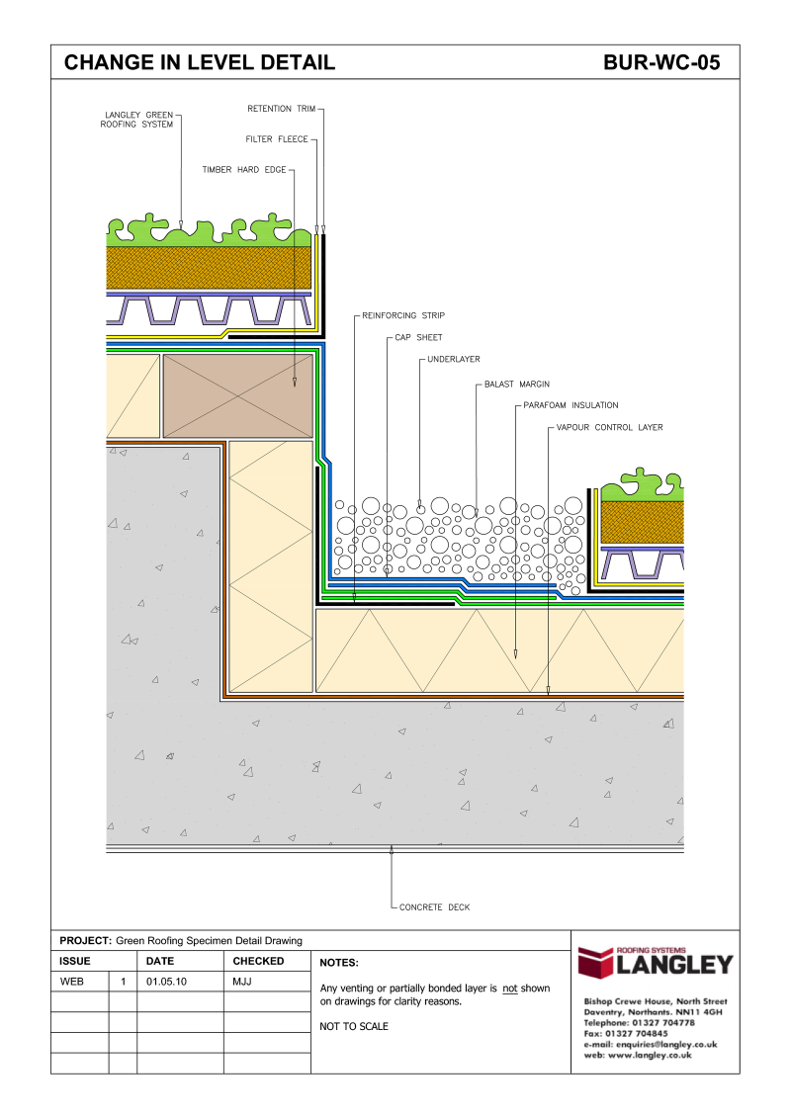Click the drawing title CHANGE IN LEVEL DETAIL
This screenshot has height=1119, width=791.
point(200,63)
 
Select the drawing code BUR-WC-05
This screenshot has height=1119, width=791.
point(660,63)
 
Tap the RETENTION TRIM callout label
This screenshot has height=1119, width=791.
point(281,109)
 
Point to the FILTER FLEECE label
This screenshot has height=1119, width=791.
point(277,139)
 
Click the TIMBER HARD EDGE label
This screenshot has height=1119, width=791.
point(244,170)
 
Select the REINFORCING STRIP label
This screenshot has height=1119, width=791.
point(403,315)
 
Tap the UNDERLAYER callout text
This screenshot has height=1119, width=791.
point(454,360)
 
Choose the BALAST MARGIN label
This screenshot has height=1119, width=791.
point(516,383)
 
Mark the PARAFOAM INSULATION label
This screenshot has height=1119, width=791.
point(571,405)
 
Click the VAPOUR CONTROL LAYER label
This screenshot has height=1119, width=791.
point(608,428)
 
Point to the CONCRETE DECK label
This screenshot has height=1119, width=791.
point(434,906)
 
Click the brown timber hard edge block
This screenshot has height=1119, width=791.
point(238,394)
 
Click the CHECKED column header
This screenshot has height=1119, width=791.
point(258,961)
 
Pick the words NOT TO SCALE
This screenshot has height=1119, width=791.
point(354,1026)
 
